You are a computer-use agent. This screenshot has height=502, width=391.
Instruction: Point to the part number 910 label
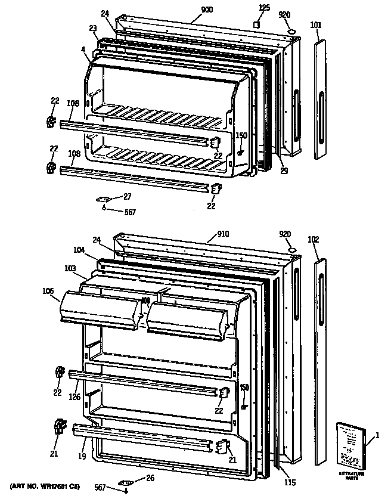[x=206, y=234]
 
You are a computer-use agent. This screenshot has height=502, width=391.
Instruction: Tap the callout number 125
[x=264, y=8]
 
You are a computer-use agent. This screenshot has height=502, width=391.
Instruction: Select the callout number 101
[x=316, y=25]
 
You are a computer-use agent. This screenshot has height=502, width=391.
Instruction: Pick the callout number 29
[x=284, y=171]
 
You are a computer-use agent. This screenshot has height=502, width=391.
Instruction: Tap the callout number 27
[x=128, y=196]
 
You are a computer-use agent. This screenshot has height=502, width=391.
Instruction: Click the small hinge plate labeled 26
[x=125, y=482]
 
